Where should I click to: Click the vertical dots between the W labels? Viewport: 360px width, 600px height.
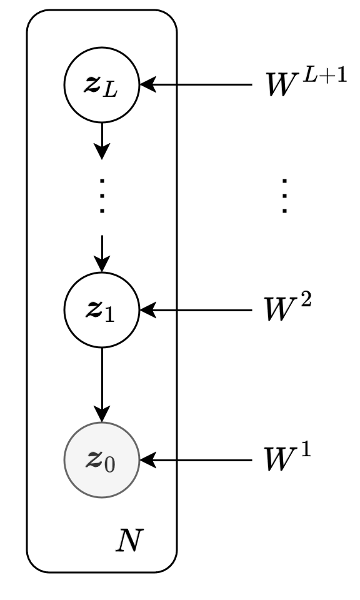pos(285,196)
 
